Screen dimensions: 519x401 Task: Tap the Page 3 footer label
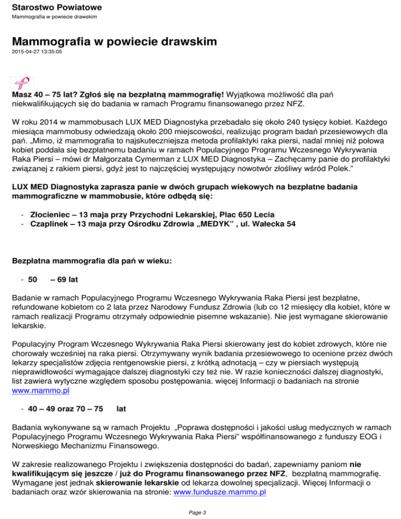click(x=200, y=511)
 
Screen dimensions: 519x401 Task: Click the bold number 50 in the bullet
click(x=32, y=280)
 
